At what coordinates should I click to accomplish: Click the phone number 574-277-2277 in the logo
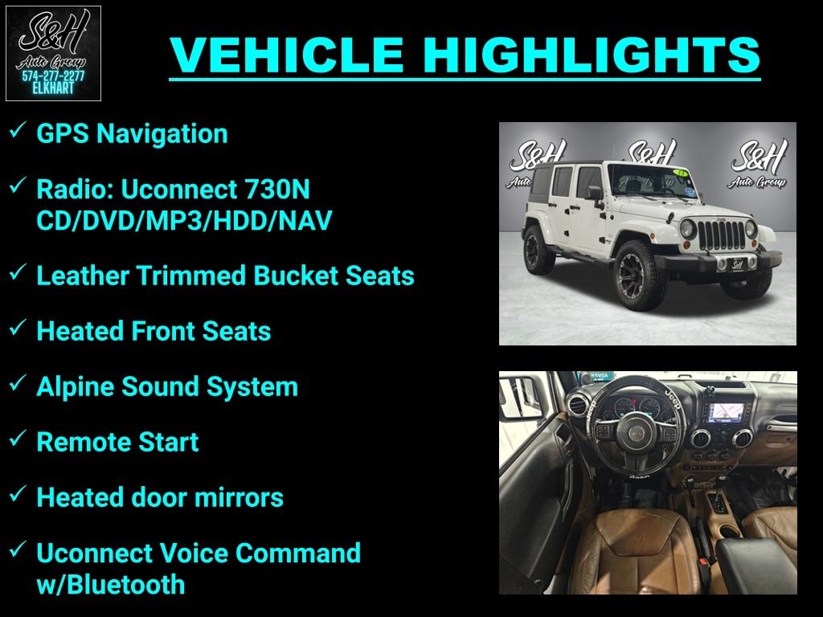point(53,76)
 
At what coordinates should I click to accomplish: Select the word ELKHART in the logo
point(53,88)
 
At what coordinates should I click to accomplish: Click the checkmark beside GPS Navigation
point(18,130)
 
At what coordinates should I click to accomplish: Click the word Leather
point(83,276)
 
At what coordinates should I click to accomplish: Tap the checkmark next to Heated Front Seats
point(18,328)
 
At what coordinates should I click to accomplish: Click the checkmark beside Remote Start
point(18,439)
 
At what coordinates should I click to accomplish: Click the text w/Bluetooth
point(111,585)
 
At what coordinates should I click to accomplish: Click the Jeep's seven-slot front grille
point(722,235)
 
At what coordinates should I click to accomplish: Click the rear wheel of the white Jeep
point(538,249)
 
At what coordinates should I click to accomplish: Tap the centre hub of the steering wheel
point(636,432)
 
